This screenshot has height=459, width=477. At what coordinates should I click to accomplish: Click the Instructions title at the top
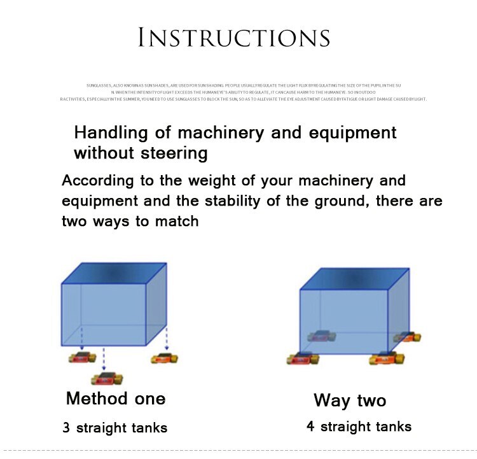click(234, 38)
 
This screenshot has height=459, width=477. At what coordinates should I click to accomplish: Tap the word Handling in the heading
click(111, 132)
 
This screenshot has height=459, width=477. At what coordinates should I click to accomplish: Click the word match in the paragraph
click(177, 222)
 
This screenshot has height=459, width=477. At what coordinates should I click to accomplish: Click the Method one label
click(116, 399)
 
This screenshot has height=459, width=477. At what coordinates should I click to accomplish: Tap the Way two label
click(350, 400)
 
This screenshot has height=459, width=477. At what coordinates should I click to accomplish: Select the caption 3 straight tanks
click(115, 428)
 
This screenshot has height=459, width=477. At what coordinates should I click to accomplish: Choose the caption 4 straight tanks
click(359, 427)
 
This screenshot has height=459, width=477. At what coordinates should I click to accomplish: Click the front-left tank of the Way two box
click(303, 359)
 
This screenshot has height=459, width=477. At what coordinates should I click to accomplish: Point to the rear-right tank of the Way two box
click(407, 337)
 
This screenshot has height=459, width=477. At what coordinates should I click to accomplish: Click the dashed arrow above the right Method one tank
click(167, 337)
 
